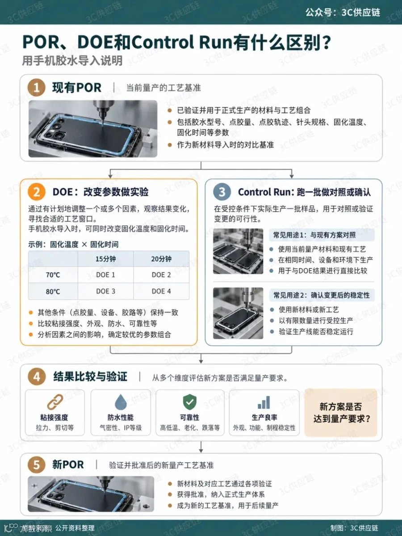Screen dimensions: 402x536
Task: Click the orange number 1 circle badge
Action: (x=36, y=88)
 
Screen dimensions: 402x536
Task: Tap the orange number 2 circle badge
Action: (x=36, y=192)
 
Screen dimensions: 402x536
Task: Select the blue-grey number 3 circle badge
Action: (x=222, y=192)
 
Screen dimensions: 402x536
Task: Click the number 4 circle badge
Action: (x=37, y=377)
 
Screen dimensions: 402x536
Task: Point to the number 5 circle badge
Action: (x=36, y=465)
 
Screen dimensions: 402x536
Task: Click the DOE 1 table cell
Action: (x=105, y=275)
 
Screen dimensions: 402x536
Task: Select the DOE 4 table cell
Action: (x=161, y=291)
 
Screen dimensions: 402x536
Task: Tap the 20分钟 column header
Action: (x=161, y=259)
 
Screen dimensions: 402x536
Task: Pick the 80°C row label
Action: (x=53, y=291)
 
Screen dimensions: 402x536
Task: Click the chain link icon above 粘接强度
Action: (x=55, y=402)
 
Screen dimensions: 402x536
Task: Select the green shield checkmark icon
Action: (x=190, y=402)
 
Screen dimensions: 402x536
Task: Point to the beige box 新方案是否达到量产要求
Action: (x=341, y=412)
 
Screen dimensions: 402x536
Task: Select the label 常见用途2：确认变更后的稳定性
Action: (x=322, y=295)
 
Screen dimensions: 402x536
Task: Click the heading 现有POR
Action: (x=77, y=88)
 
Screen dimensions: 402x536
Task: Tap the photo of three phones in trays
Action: (x=238, y=251)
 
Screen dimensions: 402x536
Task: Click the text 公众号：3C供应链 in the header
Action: (x=343, y=12)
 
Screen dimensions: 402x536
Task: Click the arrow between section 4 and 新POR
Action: (x=201, y=447)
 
